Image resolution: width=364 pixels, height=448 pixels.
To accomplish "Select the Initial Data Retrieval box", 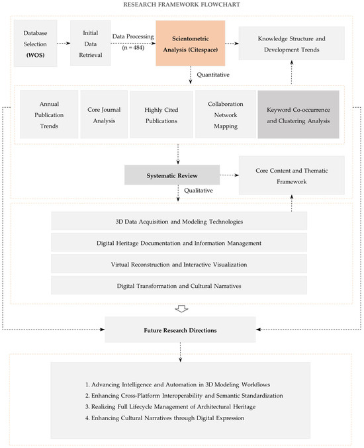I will [x=91, y=42].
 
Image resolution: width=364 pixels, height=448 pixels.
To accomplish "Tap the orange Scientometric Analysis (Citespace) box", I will [x=190, y=42].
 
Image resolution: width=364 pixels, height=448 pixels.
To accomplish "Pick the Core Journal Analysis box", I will [x=101, y=114].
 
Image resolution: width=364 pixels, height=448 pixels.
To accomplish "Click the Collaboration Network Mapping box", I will [x=225, y=114].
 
